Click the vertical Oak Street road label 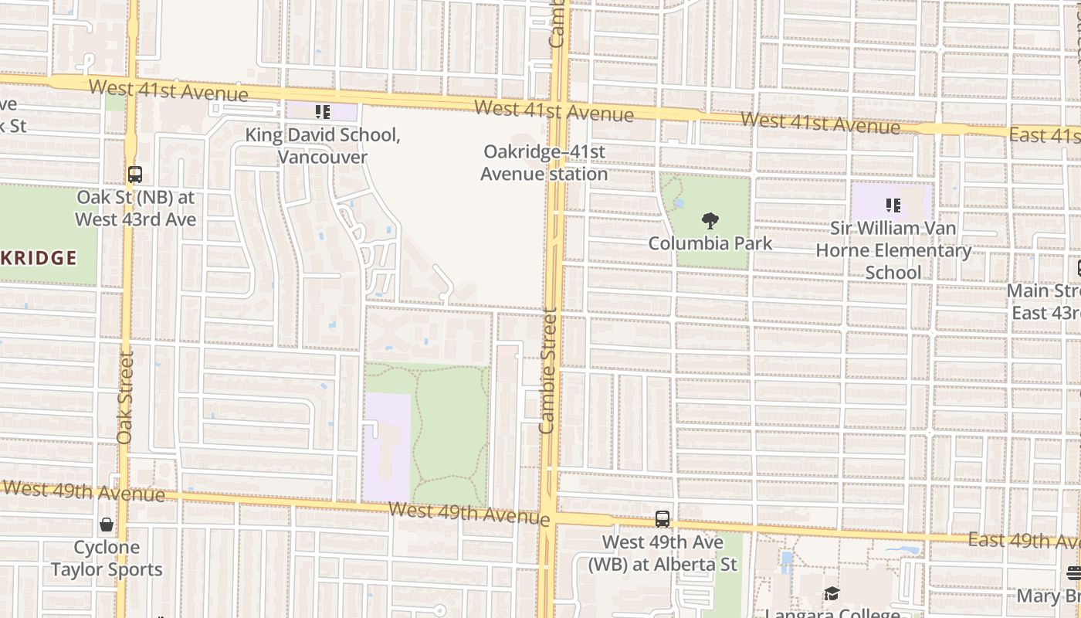[125, 397]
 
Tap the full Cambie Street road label [548, 370]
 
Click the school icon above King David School [323, 113]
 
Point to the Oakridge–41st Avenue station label [544, 163]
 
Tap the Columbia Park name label [710, 243]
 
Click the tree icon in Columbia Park [710, 221]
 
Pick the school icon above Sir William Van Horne [893, 205]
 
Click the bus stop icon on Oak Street [135, 175]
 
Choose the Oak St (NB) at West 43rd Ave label [135, 209]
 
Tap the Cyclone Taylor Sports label [107, 559]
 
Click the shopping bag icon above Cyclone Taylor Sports [107, 525]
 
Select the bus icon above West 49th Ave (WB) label [662, 519]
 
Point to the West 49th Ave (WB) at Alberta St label [662, 553]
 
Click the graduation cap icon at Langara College [832, 594]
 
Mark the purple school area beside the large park [386, 448]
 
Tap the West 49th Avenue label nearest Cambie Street [469, 512]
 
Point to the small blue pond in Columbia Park [679, 204]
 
